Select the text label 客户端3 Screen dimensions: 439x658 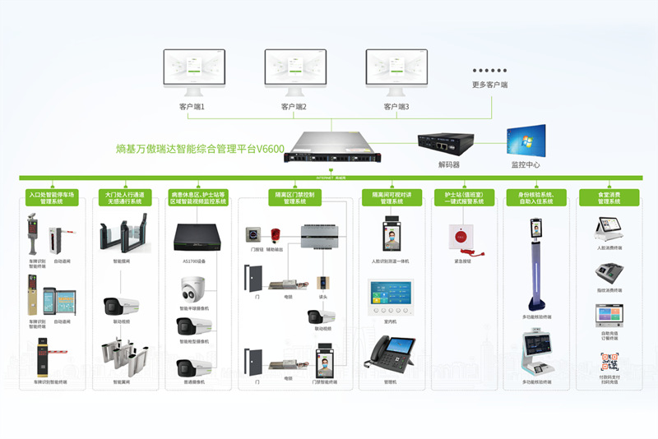pos(396,107)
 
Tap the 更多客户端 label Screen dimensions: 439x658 pos(489,85)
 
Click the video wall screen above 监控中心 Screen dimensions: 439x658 pos(525,140)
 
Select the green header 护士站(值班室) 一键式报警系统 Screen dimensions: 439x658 pos(464,197)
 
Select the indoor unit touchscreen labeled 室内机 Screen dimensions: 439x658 pos(389,298)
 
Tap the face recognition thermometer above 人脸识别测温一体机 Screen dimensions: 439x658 pos(391,235)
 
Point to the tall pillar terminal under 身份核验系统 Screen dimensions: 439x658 pos(536,263)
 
